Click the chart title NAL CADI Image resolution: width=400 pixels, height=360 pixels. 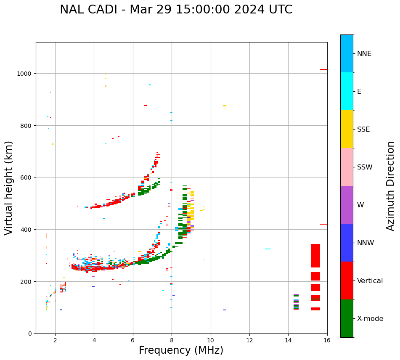pyautogui.click(x=176, y=10)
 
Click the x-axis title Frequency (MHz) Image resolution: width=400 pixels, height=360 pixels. pyautogui.click(x=181, y=350)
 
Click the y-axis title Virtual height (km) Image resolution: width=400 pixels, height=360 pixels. pyautogui.click(x=9, y=188)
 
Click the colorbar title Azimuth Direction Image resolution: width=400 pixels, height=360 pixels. pyautogui.click(x=391, y=186)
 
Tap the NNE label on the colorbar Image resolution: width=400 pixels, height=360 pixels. pyautogui.click(x=364, y=53)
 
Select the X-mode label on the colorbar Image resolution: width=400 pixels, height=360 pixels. pyautogui.click(x=370, y=319)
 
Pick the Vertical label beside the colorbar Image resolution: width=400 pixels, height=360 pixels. pyautogui.click(x=370, y=281)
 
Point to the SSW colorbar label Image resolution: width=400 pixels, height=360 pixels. pyautogui.click(x=365, y=167)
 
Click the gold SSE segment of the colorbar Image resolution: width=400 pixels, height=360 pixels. pyautogui.click(x=347, y=129)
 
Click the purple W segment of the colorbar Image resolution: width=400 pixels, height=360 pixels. pyautogui.click(x=347, y=205)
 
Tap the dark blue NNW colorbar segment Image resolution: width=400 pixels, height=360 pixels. pyautogui.click(x=347, y=243)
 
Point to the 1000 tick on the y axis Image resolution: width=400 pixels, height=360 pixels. pyautogui.click(x=25, y=74)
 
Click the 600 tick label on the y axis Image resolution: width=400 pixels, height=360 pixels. pyautogui.click(x=26, y=177)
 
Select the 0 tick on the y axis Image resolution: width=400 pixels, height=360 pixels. pyautogui.click(x=29, y=334)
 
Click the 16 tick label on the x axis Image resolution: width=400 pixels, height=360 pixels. pyautogui.click(x=327, y=341)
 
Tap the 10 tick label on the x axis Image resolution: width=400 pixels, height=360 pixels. pyautogui.click(x=210, y=341)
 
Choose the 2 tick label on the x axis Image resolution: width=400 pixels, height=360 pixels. pyautogui.click(x=55, y=341)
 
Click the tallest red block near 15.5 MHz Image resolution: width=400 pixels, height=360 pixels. pyautogui.click(x=315, y=255)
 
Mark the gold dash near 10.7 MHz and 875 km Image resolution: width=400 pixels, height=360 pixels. pyautogui.click(x=224, y=106)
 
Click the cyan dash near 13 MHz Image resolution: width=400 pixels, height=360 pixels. pyautogui.click(x=268, y=249)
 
